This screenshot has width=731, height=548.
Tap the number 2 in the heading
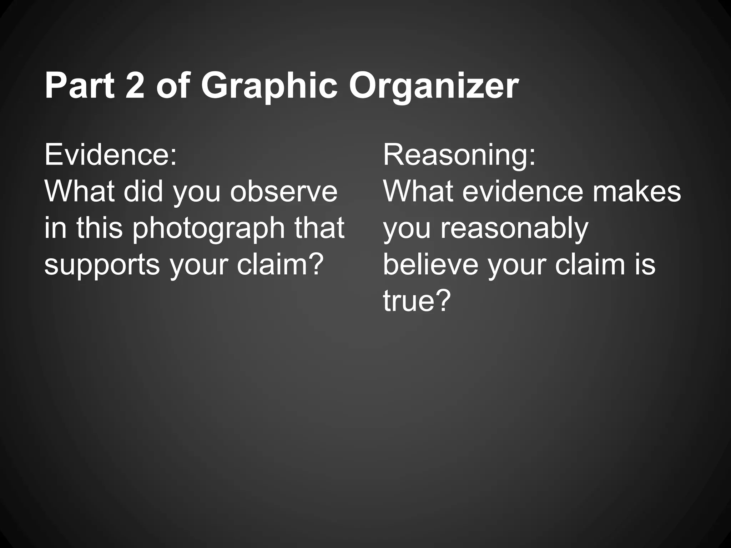[135, 86]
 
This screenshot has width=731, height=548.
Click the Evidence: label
[111, 155]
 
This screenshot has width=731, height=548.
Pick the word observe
[284, 192]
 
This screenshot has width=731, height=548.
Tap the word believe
[430, 265]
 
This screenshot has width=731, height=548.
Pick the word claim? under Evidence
[280, 265]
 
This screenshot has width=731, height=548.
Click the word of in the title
[173, 86]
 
